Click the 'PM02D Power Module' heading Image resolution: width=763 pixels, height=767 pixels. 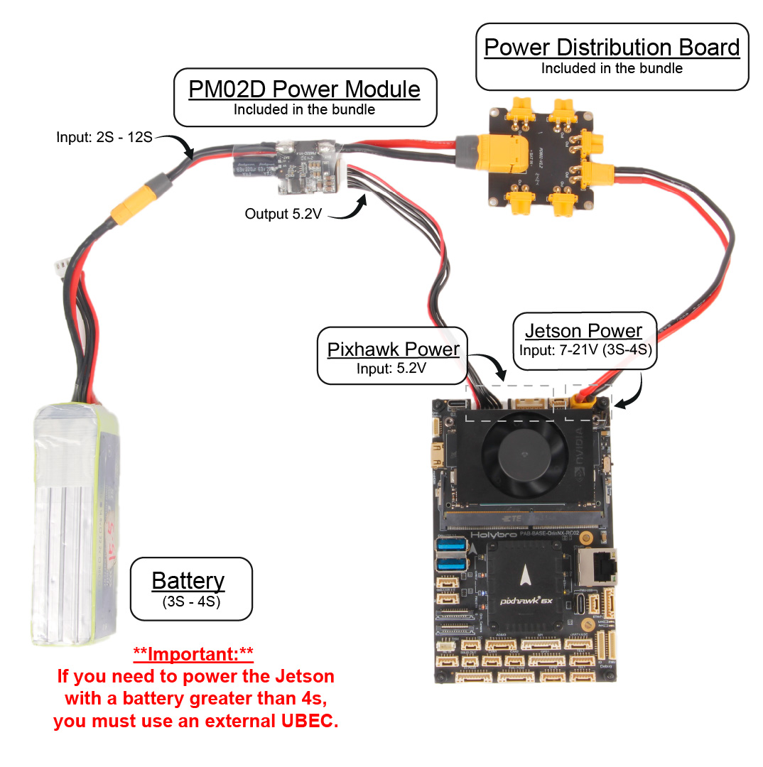pos(304,89)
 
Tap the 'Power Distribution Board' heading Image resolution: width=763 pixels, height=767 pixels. pos(612,48)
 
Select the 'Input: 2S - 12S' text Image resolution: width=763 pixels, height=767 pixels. pos(104,136)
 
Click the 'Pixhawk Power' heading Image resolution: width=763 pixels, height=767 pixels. pos(393,349)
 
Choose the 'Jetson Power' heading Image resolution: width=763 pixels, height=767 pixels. pos(583,331)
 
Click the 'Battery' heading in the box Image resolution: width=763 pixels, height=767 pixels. pos(188,580)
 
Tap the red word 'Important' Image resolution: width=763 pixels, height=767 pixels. pos(193,653)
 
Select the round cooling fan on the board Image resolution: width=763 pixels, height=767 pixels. pos(518,455)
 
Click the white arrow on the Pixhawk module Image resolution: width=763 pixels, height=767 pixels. pos(527,570)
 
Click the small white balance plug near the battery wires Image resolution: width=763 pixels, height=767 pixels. pos(60,267)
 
